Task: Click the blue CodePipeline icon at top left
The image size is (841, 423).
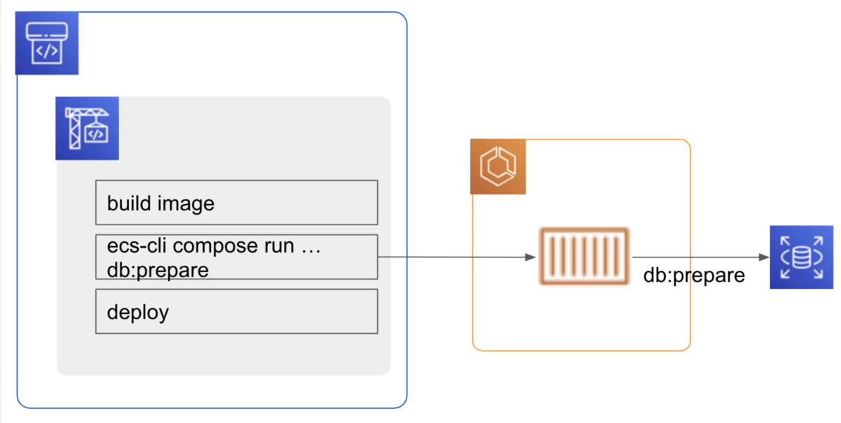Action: [x=46, y=43]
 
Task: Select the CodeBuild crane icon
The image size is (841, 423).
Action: [x=87, y=128]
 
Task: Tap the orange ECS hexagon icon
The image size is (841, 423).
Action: [x=497, y=167]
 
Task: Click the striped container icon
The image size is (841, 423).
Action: [x=584, y=257]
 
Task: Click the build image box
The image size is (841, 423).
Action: [x=236, y=203]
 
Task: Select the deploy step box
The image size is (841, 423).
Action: [x=236, y=311]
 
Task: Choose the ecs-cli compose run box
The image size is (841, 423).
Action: [x=236, y=257]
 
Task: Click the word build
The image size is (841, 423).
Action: [x=128, y=203]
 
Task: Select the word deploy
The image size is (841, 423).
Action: [x=137, y=312]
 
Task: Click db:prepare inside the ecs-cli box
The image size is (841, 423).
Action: [x=158, y=269]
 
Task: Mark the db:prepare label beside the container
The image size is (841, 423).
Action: [x=694, y=276]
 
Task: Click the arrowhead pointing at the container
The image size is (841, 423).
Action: [x=531, y=257]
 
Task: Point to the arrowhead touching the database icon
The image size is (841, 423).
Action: [x=764, y=257]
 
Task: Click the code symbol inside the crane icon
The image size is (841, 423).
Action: [x=96, y=133]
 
